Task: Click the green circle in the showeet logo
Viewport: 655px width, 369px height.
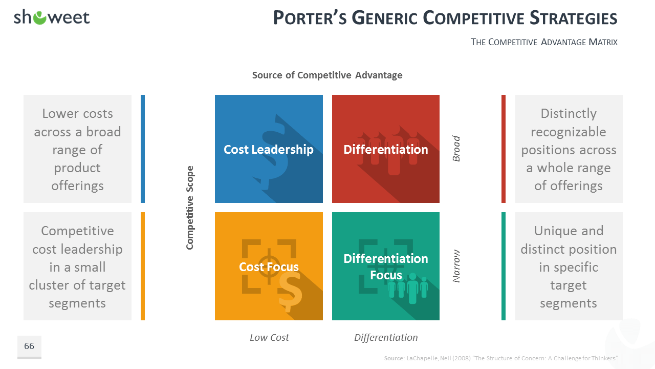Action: (x=40, y=18)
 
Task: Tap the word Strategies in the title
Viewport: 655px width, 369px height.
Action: (x=574, y=18)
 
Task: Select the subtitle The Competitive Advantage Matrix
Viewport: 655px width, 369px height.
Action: (x=544, y=42)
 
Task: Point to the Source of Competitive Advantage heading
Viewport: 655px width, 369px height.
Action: (x=327, y=75)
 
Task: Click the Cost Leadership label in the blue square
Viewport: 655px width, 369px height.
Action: (x=269, y=149)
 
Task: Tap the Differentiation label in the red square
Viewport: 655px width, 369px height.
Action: (x=386, y=149)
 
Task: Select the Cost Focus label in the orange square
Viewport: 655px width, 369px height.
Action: (x=269, y=267)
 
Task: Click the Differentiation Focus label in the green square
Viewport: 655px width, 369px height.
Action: (x=386, y=267)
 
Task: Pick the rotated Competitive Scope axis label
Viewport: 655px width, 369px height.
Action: (x=190, y=208)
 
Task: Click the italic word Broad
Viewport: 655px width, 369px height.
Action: (x=456, y=149)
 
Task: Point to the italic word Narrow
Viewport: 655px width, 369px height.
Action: (x=456, y=266)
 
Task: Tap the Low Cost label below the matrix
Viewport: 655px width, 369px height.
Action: (x=269, y=337)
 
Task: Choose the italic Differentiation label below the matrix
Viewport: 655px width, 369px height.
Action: (x=386, y=337)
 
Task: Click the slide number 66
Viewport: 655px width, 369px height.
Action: (x=29, y=346)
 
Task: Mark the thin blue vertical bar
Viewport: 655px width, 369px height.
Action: (x=143, y=149)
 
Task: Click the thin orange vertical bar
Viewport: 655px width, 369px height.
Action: (x=143, y=266)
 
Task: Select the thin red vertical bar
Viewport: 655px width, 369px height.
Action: (x=503, y=149)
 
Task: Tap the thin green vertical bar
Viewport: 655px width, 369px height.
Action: (x=503, y=266)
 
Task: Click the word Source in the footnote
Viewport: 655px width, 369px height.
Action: (x=394, y=358)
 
